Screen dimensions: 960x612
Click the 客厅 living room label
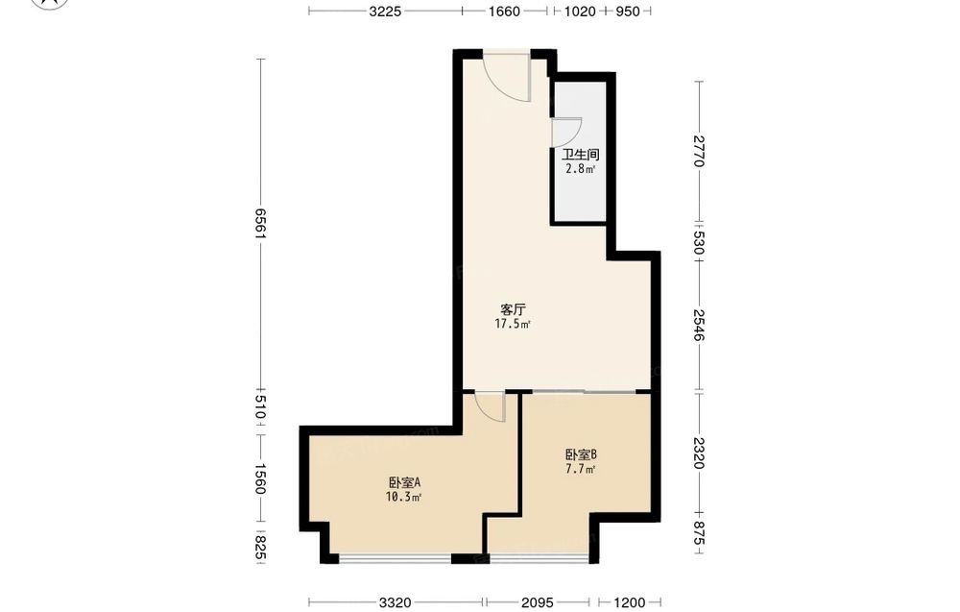513,309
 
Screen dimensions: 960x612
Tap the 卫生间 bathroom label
581,155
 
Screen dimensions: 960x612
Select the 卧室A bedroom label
404,482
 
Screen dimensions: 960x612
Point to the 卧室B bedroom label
581,455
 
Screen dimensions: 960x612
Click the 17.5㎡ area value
513,324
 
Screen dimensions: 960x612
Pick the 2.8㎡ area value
581,169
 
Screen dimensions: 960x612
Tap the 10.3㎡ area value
404,498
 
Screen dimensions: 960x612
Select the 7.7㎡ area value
581,470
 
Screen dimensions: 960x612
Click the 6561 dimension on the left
261,224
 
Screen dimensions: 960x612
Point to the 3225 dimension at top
385,11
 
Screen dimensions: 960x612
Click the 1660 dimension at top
504,11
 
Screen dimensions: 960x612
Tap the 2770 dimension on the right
700,151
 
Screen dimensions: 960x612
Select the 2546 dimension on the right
700,325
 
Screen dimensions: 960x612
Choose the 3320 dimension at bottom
395,602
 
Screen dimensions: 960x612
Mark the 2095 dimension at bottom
538,602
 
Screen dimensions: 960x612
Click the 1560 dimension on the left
261,478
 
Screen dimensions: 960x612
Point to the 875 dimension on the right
700,533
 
